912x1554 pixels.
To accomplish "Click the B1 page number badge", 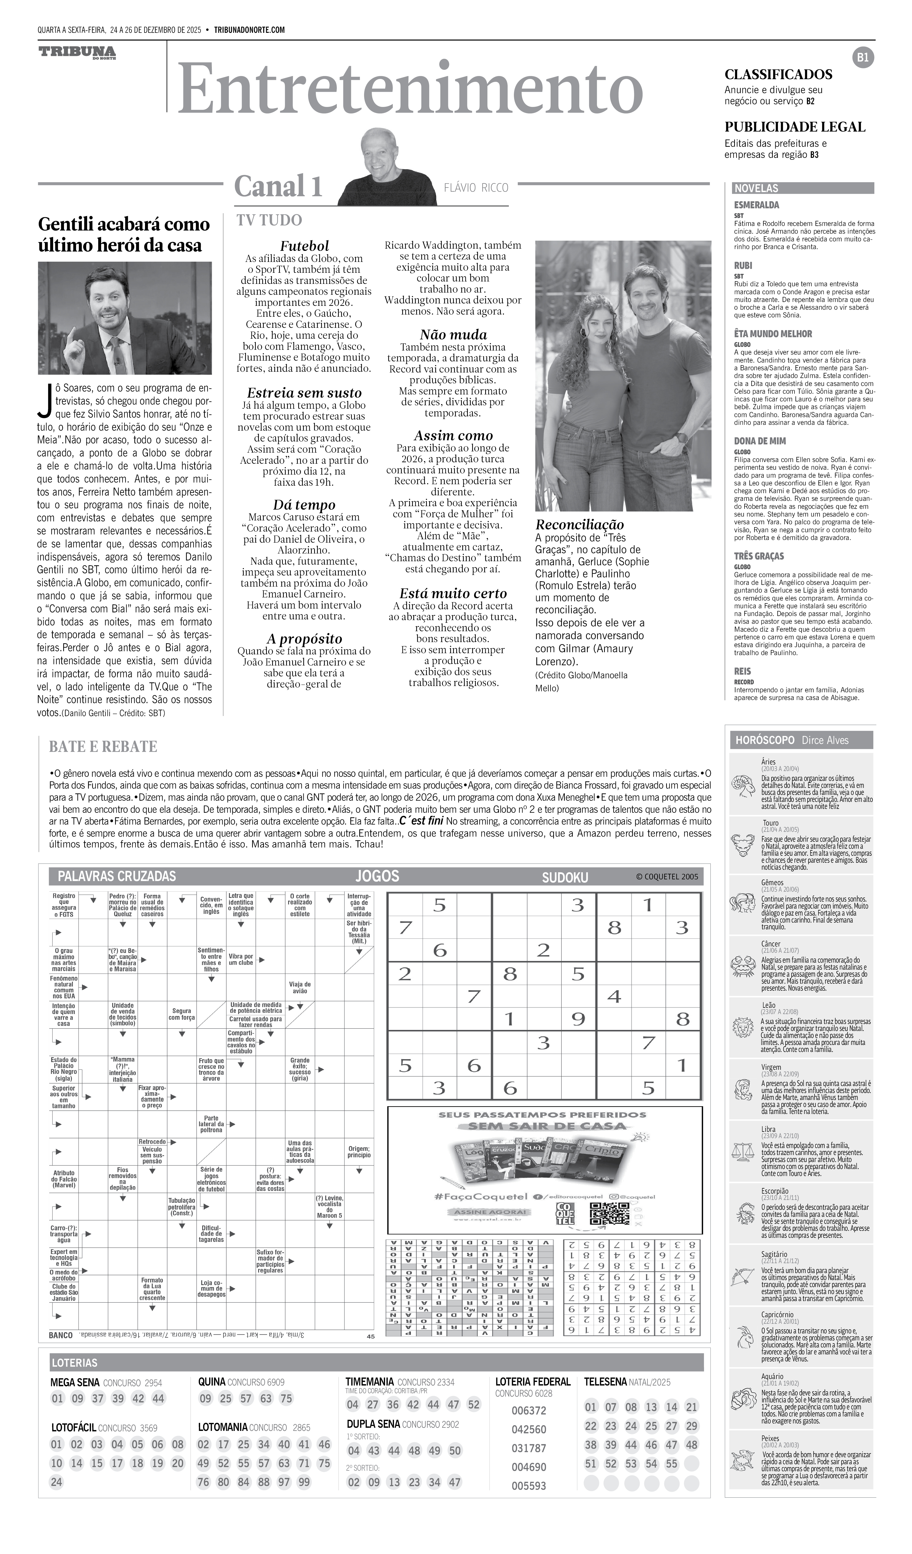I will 863,58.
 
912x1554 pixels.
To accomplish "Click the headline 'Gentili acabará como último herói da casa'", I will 123,234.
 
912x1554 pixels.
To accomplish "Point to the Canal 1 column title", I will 278,186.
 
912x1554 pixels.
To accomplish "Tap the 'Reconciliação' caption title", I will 579,525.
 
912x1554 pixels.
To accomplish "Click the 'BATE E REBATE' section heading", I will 103,747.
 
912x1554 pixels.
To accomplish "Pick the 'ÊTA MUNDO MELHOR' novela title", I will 773,334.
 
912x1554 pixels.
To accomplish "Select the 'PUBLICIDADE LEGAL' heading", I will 794,127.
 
